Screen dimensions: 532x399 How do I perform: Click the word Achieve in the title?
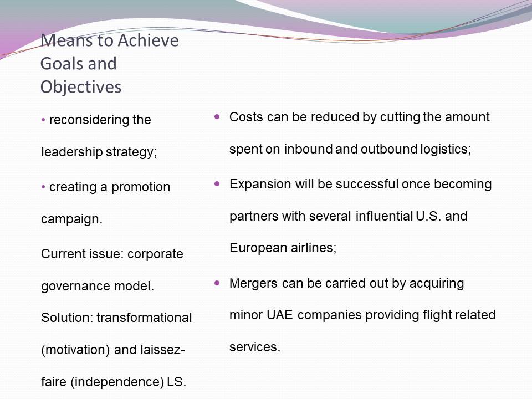point(149,40)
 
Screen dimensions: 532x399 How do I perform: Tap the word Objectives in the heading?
point(81,87)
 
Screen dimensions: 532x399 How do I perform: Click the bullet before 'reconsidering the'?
point(43,120)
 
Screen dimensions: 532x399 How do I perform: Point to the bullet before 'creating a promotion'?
point(43,187)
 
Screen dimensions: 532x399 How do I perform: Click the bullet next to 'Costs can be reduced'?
point(217,117)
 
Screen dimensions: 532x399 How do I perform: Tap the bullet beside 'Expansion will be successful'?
point(217,184)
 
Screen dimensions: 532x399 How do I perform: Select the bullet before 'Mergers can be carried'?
point(217,283)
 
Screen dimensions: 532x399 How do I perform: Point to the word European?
point(254,248)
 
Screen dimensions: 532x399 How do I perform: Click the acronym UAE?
point(279,315)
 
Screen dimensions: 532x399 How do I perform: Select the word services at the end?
point(255,347)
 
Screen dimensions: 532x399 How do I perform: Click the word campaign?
point(71,219)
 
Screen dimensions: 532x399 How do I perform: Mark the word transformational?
point(144,318)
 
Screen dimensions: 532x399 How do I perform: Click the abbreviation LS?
point(176,382)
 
